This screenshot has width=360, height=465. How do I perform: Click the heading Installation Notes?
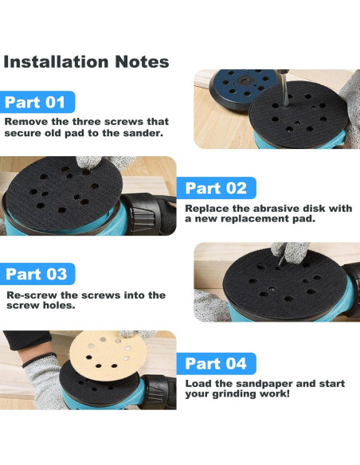click(86, 61)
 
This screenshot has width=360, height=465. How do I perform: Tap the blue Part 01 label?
click(37, 102)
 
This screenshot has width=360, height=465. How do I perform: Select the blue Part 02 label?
click(216, 188)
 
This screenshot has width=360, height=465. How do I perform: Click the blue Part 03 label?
click(37, 274)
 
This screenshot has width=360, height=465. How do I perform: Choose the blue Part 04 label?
click(216, 363)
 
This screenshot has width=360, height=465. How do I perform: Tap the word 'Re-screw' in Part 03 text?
click(31, 295)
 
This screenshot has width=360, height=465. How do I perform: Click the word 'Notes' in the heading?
click(135, 61)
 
